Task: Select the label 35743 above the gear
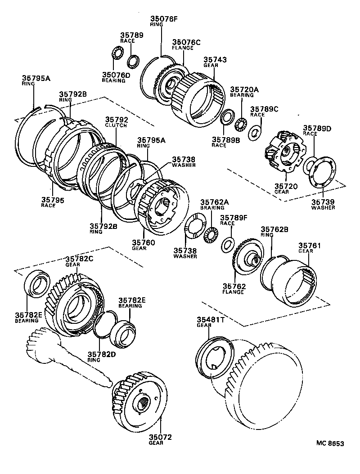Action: coord(215,59)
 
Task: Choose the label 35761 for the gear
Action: coord(309,246)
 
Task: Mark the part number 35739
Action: coord(323,201)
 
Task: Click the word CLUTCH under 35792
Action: coord(116,126)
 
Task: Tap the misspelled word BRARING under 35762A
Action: coord(212,208)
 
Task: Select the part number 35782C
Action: coord(80,259)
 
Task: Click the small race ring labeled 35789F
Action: coord(228,244)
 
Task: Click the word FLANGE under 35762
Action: coord(233,292)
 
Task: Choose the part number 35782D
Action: coord(100,354)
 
